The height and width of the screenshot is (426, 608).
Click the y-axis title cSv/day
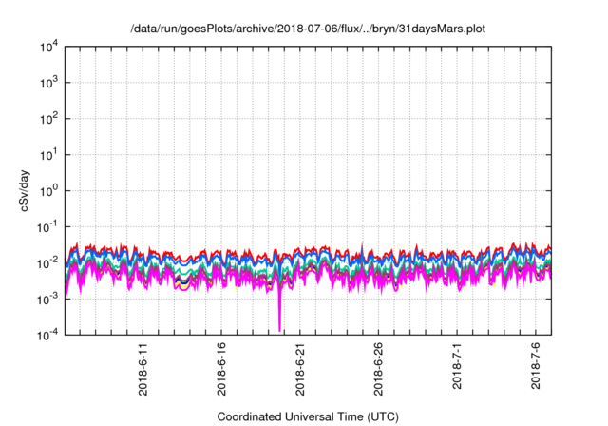(31, 190)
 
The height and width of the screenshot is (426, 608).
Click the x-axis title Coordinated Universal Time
(309, 416)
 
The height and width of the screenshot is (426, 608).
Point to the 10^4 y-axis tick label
(49, 47)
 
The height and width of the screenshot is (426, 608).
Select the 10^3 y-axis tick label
(49, 83)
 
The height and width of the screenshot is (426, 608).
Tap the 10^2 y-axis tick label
(49, 119)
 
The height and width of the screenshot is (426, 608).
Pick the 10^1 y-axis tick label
(49, 154)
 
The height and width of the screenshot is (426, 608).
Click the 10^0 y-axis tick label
(49, 190)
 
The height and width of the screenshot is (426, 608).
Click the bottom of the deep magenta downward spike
(279, 329)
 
